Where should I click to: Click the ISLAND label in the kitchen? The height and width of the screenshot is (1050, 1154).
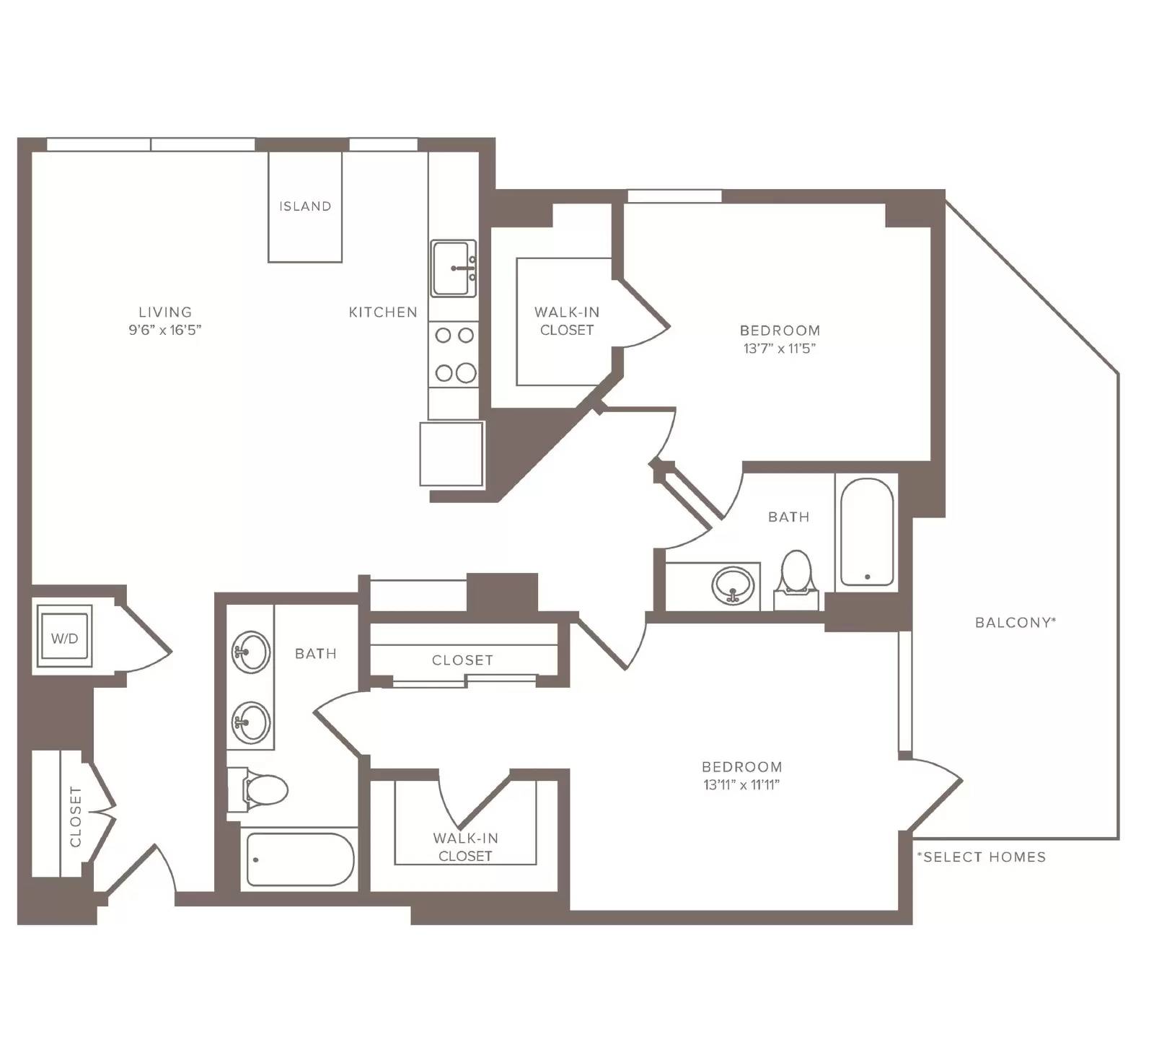point(305,206)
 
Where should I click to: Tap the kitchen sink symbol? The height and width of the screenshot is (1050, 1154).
point(454,268)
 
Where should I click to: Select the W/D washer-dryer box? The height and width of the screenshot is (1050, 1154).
point(64,636)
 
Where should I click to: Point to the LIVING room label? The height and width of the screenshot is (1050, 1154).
point(165,312)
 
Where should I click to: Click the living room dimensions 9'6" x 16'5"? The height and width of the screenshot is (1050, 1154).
point(165,330)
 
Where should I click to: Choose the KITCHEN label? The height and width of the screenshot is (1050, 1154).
point(383,312)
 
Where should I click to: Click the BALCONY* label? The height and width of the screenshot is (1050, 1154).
point(1016,622)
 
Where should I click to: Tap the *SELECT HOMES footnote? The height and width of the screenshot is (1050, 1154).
point(981,857)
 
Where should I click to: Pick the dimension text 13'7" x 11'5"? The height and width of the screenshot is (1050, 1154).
point(780,349)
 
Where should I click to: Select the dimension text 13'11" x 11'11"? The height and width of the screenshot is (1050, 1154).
point(741,785)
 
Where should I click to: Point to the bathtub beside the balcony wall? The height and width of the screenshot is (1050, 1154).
point(867,532)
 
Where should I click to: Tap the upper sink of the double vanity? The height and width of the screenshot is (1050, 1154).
point(250,652)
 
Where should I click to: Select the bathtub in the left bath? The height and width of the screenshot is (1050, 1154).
point(300,859)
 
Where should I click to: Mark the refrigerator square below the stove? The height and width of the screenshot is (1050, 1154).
point(452,454)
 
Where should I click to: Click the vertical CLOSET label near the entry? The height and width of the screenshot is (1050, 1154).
point(76,816)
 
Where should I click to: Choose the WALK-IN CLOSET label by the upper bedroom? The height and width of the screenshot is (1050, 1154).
point(566,321)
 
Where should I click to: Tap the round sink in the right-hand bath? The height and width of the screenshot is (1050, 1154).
point(733,585)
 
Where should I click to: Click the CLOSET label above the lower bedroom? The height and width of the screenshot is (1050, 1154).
point(462,660)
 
